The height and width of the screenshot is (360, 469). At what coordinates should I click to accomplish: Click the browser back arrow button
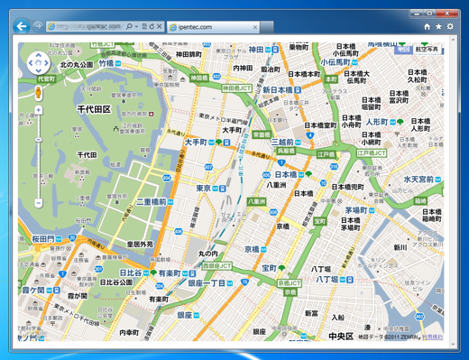tap(22, 27)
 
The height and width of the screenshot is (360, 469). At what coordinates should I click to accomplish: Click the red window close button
tap(446, 12)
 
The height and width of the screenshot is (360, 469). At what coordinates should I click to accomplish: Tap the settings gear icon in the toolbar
tap(450, 27)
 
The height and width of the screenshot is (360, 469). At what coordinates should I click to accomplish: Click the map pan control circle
tap(38, 62)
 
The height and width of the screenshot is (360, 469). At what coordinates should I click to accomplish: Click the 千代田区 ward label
tap(93, 109)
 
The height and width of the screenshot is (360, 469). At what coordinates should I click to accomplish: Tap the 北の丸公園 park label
tap(77, 65)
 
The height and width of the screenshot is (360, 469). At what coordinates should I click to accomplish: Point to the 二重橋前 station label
tap(152, 202)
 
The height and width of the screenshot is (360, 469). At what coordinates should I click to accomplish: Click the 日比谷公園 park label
tap(116, 282)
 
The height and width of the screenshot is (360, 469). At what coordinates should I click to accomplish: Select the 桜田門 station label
tap(44, 239)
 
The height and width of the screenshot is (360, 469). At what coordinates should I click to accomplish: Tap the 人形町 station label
tap(376, 121)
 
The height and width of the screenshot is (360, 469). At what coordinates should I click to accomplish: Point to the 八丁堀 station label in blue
tap(326, 280)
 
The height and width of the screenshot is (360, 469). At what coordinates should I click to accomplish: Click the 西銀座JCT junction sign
tap(216, 266)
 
